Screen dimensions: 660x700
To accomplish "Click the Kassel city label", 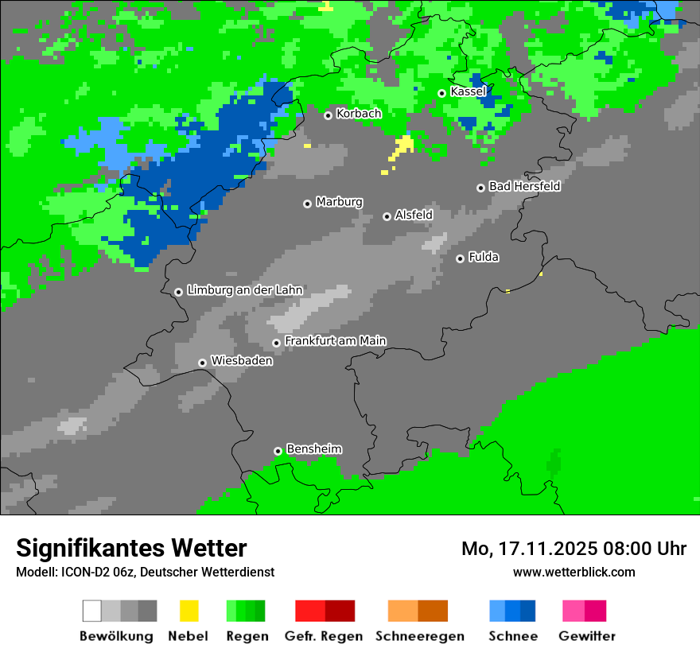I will [468, 91].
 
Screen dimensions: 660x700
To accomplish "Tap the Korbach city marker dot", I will [328, 115].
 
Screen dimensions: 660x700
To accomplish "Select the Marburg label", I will [339, 202].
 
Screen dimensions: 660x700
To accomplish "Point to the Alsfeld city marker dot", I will [387, 216].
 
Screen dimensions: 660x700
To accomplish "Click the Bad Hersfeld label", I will [524, 186].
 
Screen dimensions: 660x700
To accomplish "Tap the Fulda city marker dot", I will [460, 258].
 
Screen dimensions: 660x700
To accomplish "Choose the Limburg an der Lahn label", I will [244, 290].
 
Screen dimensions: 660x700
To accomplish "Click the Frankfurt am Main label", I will [335, 340].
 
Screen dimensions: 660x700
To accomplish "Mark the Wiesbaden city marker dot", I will [202, 363].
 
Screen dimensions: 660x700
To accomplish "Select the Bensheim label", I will [313, 448].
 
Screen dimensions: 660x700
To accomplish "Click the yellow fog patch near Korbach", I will [403, 146].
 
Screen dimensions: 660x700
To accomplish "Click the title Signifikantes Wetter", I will [131, 548].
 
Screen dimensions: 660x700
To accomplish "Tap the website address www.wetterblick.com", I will [574, 572].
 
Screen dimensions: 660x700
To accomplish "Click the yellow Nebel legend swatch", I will [189, 611].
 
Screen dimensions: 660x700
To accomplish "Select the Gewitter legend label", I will [586, 636].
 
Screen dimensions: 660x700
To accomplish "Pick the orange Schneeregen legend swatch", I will [403, 611].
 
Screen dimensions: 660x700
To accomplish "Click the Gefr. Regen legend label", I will [324, 636].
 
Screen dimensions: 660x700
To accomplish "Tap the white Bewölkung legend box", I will [92, 611].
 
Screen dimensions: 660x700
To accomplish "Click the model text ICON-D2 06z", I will [95, 572].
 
